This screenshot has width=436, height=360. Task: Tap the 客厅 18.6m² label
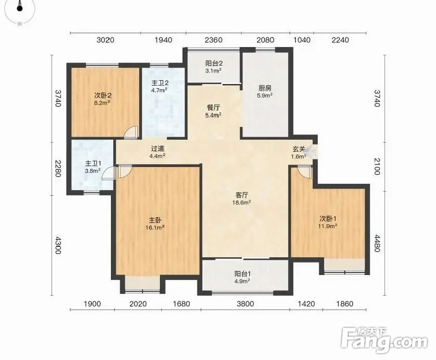(242, 199)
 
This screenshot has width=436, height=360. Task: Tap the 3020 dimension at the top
(105, 40)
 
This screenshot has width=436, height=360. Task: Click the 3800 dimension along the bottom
(245, 304)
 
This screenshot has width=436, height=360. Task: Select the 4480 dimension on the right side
(376, 243)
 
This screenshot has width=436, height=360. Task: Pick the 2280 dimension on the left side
(58, 168)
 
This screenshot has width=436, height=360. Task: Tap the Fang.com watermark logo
(384, 340)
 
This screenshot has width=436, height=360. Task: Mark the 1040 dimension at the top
(302, 40)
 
